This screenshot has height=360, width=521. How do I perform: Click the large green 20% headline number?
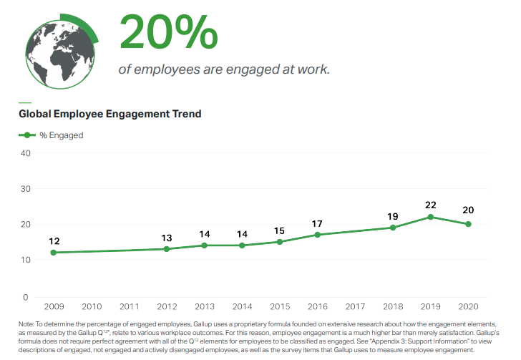pos(168,32)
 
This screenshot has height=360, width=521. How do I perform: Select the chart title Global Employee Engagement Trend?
pos(110,114)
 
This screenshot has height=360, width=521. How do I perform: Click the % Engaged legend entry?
pos(51,135)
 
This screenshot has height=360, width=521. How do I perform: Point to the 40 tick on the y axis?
pos(26,153)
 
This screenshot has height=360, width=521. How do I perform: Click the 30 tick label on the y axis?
pos(26,189)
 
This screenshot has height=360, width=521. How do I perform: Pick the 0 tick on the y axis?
pos(26,298)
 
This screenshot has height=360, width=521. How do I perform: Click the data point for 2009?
pos(54,253)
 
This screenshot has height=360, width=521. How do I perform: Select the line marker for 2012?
pos(167,249)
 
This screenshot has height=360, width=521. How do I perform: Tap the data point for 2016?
pos(317,235)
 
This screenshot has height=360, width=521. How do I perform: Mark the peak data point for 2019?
pos(431,217)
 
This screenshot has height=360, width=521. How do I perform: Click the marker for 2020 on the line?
pos(469,224)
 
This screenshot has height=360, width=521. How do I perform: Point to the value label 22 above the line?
pos(431,205)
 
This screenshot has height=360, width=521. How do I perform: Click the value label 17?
pos(317,224)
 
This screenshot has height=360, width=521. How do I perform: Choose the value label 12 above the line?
pos(54,241)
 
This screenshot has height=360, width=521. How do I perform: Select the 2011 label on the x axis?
pos(130,306)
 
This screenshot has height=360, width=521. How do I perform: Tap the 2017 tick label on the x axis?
pos(355,306)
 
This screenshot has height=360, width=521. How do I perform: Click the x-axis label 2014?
pos(242,306)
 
